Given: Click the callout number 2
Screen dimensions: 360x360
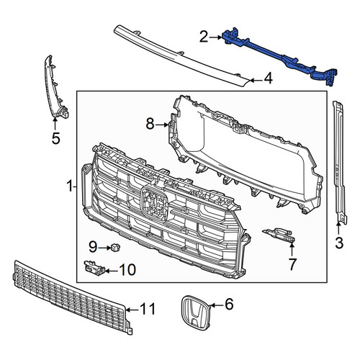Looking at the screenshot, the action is pyautogui.click(x=204, y=37).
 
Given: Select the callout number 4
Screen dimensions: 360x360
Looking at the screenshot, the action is pyautogui.click(x=268, y=78).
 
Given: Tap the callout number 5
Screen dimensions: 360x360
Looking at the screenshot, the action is pyautogui.click(x=55, y=138).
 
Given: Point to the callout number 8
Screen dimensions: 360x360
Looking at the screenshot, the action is pyautogui.click(x=150, y=125).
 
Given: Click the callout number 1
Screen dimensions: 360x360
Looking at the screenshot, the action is pyautogui.click(x=70, y=186).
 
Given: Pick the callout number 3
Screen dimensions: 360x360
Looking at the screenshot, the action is pyautogui.click(x=339, y=243).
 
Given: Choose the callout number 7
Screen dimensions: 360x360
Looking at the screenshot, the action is pyautogui.click(x=292, y=264).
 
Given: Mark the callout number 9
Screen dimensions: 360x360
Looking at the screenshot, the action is pyautogui.click(x=93, y=247).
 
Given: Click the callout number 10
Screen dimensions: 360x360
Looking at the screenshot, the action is pyautogui.click(x=127, y=270).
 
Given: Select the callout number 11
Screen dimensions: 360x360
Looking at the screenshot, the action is pyautogui.click(x=148, y=309).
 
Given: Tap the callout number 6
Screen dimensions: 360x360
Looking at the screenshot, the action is pyautogui.click(x=229, y=304).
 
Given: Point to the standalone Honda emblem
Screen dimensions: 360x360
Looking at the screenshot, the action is pyautogui.click(x=195, y=312).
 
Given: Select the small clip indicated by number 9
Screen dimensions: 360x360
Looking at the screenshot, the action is pyautogui.click(x=114, y=246).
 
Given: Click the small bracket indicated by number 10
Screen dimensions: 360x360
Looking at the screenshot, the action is pyautogui.click(x=94, y=267).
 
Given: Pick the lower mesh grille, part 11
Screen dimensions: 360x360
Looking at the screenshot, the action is pyautogui.click(x=72, y=297).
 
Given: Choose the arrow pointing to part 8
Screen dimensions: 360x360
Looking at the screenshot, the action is pyautogui.click(x=162, y=125).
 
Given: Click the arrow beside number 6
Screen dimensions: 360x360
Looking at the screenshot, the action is pyautogui.click(x=217, y=305).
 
